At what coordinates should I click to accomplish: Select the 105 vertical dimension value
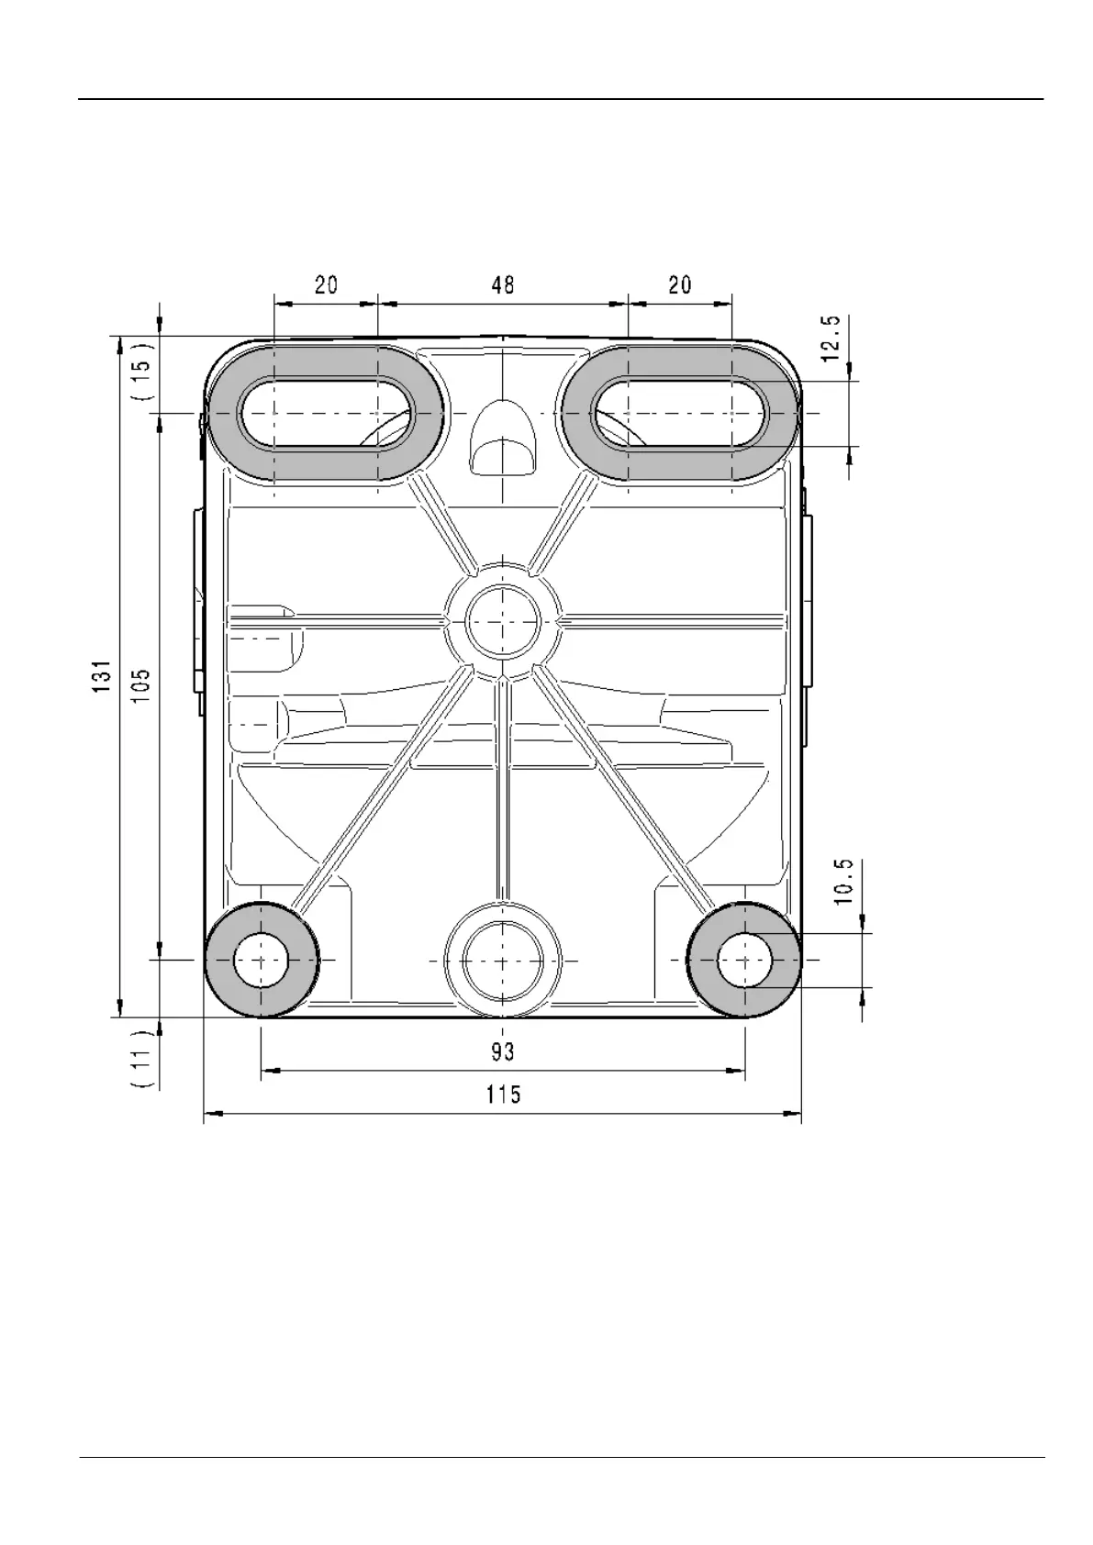(141, 684)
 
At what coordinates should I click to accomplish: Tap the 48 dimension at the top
(502, 285)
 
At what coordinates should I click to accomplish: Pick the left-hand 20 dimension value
(326, 285)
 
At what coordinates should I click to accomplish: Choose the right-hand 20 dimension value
(679, 285)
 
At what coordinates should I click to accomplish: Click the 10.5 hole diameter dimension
(843, 882)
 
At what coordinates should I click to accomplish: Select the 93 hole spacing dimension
(502, 1051)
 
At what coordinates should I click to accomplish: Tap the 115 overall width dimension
(503, 1095)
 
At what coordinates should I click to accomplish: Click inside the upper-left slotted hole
(325, 414)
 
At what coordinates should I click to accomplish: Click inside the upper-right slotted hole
(679, 414)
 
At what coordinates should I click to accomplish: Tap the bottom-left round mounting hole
(262, 961)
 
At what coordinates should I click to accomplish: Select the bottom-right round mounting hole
(744, 961)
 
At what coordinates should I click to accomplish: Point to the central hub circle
(502, 622)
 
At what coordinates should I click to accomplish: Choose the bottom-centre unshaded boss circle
(502, 961)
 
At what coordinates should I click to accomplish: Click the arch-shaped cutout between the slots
(503, 439)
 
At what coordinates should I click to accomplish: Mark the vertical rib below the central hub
(502, 789)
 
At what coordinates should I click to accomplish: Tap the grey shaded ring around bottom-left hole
(220, 961)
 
